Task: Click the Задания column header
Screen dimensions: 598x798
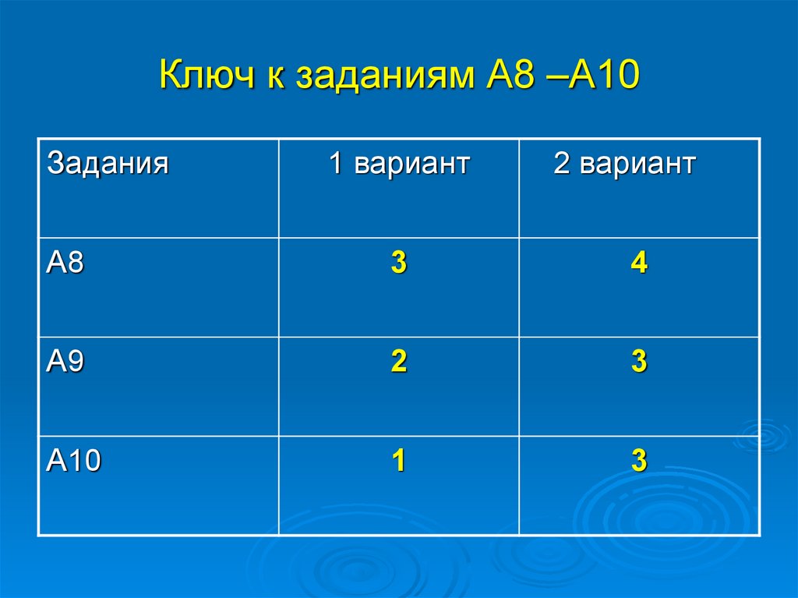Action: pos(108,165)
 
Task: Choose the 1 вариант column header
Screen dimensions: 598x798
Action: pos(398,165)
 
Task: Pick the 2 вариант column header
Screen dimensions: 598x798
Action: pos(624,165)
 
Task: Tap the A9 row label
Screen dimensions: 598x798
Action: pos(65,363)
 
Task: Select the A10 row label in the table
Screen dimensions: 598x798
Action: pos(74,462)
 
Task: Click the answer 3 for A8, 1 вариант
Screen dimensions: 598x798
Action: pos(398,264)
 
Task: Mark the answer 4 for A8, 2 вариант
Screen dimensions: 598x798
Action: pos(639,264)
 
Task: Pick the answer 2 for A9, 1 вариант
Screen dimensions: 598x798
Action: pos(398,363)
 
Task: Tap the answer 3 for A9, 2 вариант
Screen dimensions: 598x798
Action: pos(639,363)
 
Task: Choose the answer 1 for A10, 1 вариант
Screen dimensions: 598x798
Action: pos(398,462)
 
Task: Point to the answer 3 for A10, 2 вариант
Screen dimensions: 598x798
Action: pos(639,462)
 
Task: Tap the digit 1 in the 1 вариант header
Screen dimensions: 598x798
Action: pos(336,165)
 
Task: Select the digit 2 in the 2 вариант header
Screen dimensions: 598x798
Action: pos(561,165)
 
